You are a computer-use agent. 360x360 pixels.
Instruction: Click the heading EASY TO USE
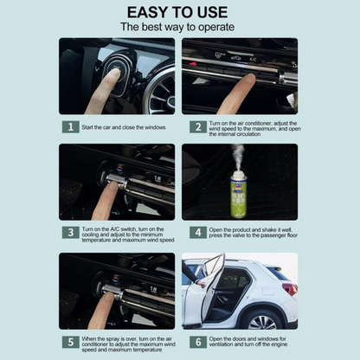(179, 12)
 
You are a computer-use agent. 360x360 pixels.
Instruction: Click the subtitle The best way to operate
(179, 28)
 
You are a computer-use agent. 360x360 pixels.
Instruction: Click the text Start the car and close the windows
(123, 127)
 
